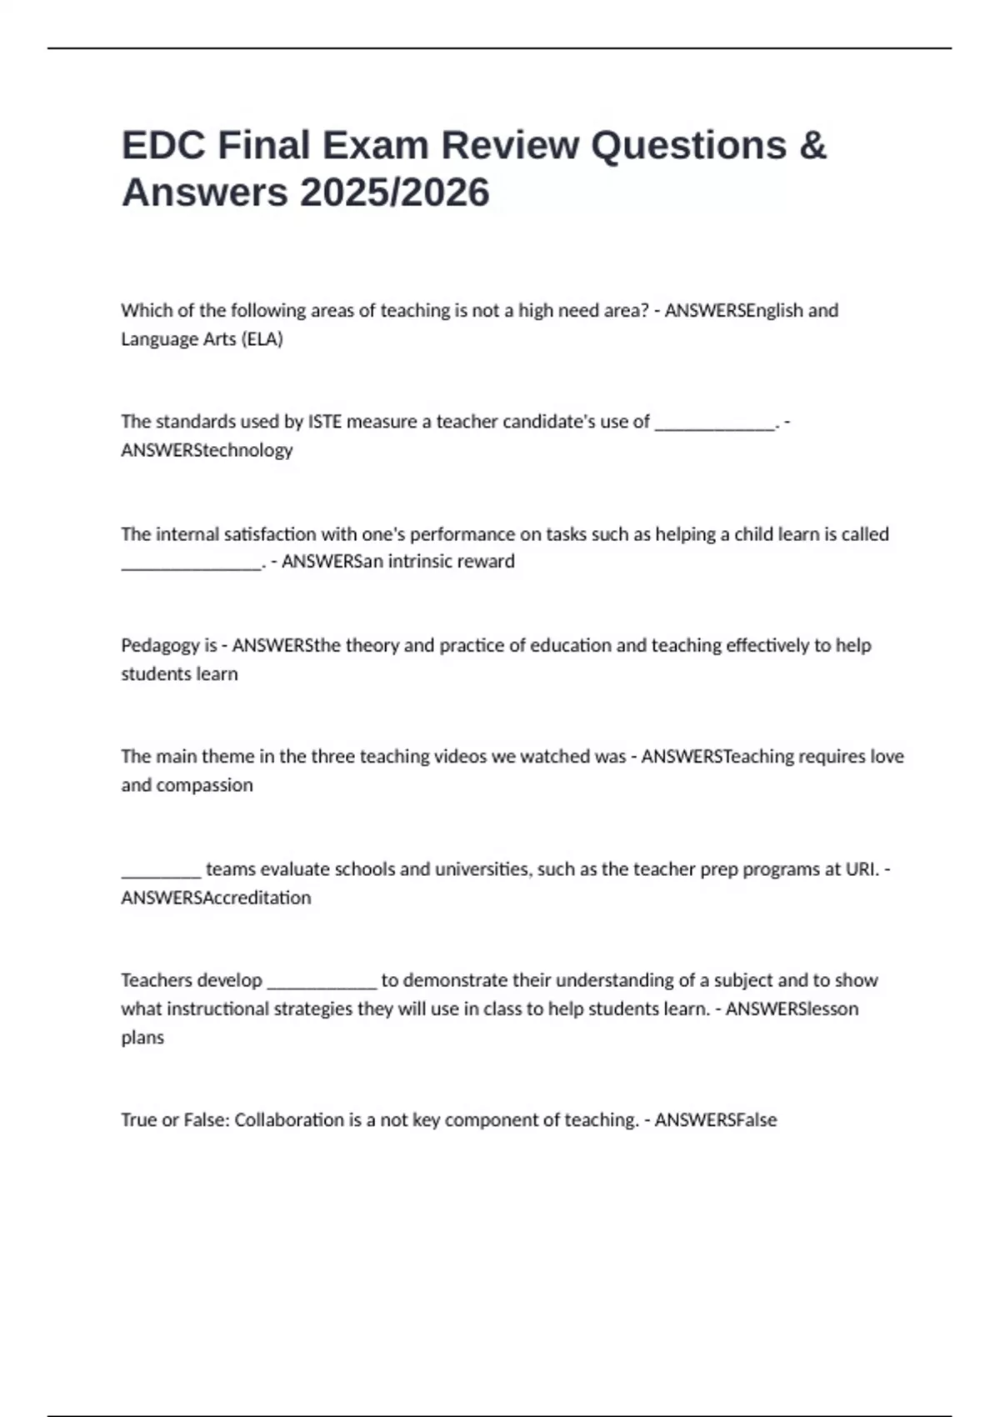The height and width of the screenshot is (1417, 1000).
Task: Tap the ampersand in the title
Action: pyautogui.click(x=812, y=145)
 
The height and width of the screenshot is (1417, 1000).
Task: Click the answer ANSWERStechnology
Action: pyautogui.click(x=207, y=450)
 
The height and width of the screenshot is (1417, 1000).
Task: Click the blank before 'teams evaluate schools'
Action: pyautogui.click(x=161, y=872)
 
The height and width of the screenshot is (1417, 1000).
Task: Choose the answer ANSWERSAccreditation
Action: pyautogui.click(x=216, y=898)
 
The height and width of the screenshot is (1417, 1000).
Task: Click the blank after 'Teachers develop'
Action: pyautogui.click(x=322, y=983)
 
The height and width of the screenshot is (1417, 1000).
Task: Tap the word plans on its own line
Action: pyautogui.click(x=142, y=1038)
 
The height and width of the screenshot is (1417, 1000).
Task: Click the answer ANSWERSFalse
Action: pyautogui.click(x=715, y=1119)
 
